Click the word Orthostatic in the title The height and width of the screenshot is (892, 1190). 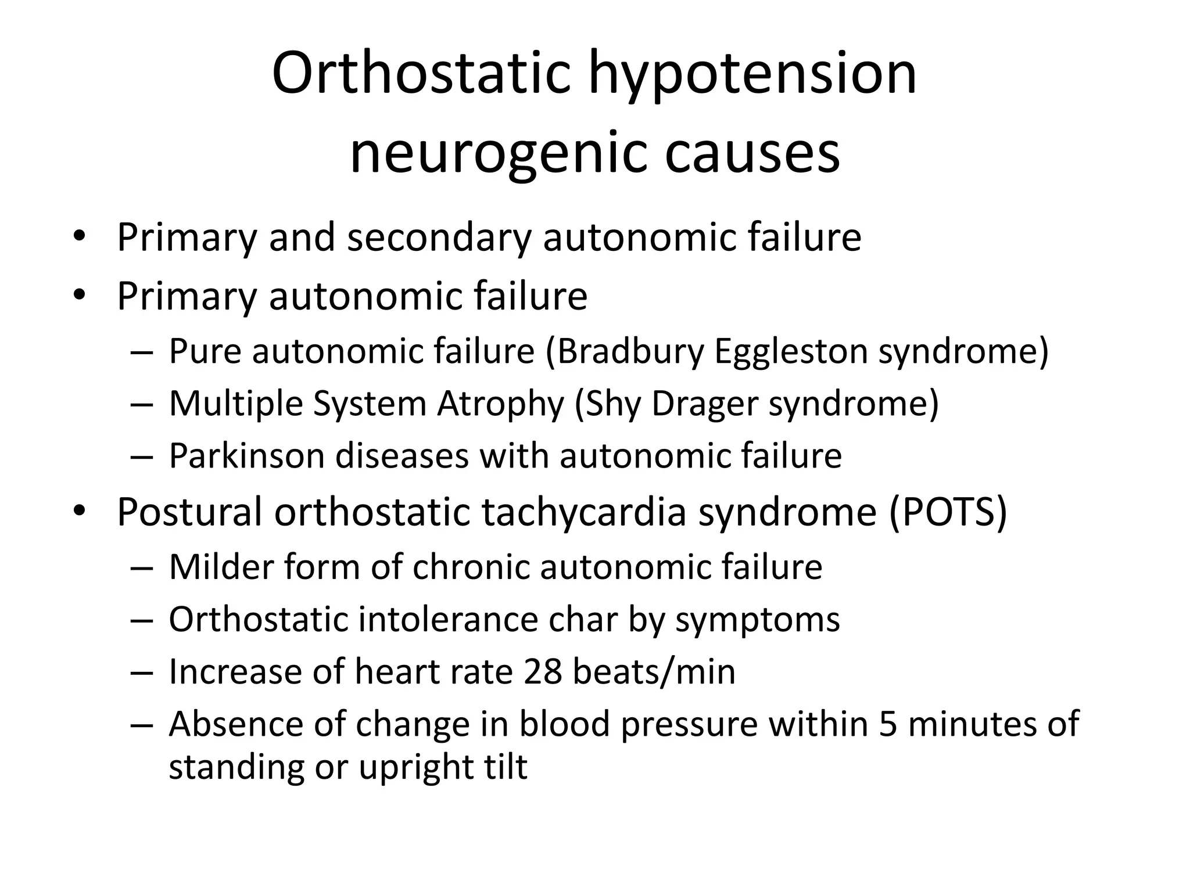tap(421, 74)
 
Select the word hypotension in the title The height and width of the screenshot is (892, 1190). tap(753, 74)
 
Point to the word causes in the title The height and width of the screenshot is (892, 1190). tap(752, 153)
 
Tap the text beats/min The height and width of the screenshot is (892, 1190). tap(654, 671)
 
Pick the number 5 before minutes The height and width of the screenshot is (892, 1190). tap(888, 724)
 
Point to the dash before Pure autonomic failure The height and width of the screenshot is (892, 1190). tap(141, 352)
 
